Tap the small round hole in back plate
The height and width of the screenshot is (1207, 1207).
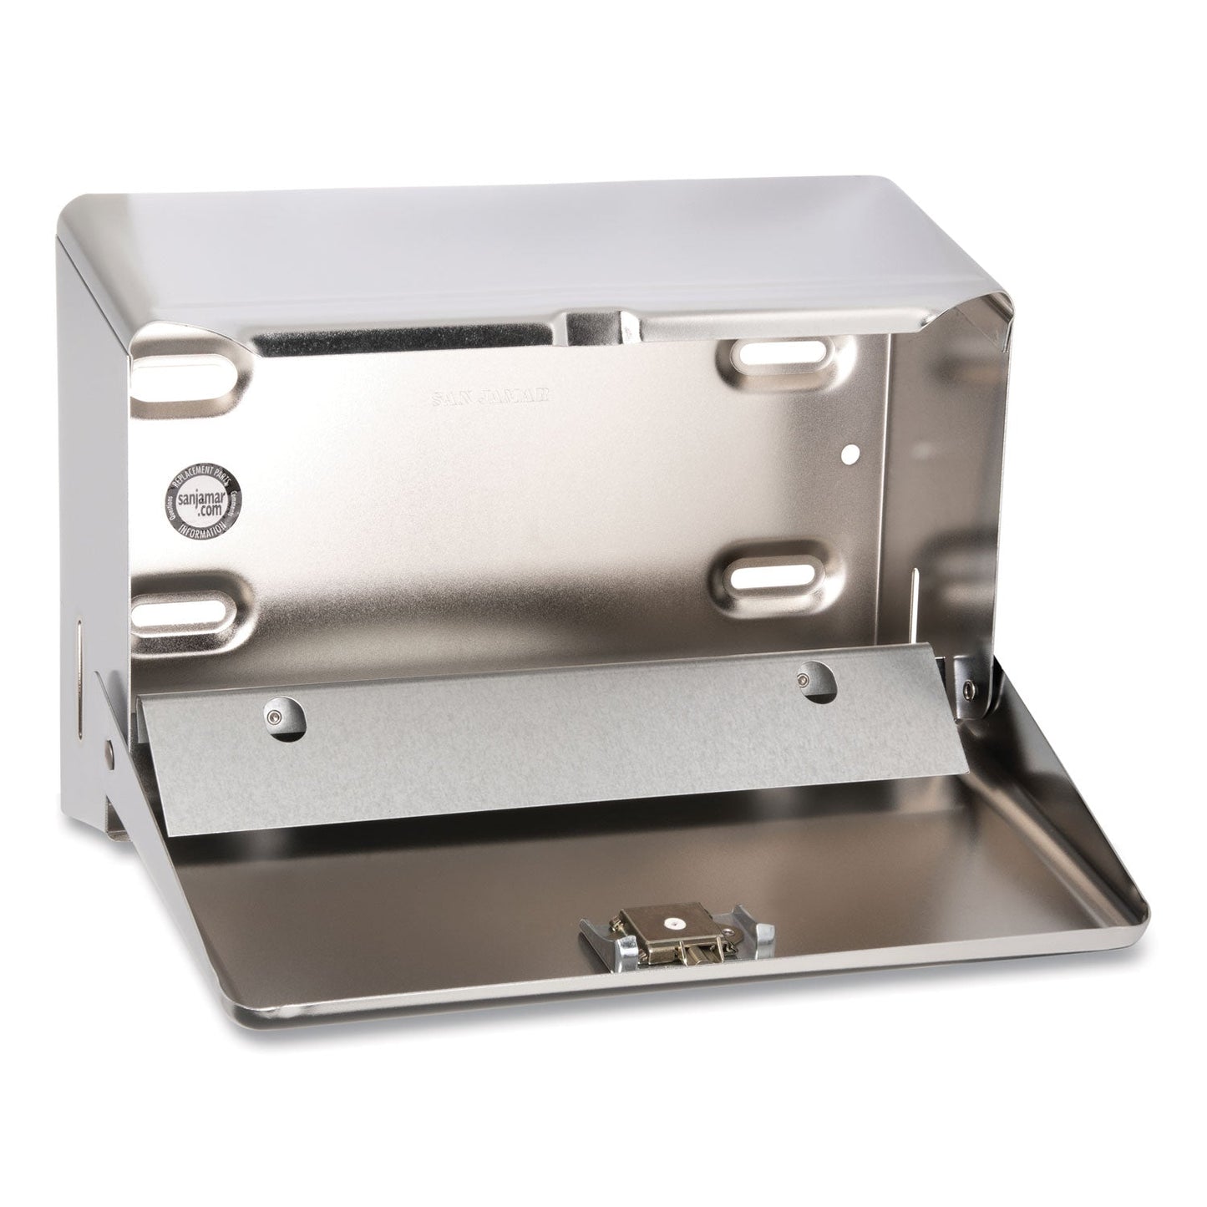tap(850, 454)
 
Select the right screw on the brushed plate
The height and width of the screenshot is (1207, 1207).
tap(807, 657)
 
